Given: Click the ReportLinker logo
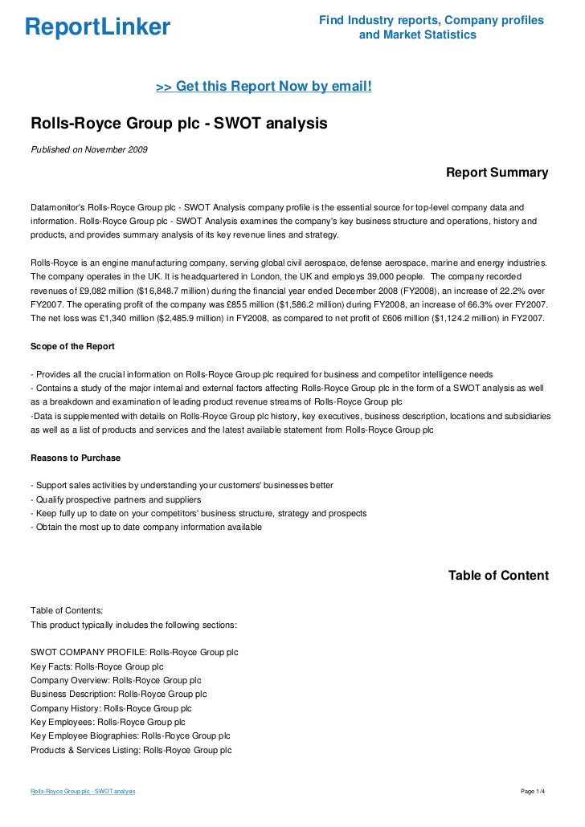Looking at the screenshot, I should (x=97, y=28).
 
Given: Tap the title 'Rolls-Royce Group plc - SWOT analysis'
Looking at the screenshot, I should (x=179, y=124).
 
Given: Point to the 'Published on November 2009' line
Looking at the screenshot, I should (x=88, y=149).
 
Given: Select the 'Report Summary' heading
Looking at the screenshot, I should (x=497, y=173).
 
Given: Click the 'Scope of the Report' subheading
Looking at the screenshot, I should (x=72, y=346).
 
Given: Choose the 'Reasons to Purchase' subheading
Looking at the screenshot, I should (x=75, y=458).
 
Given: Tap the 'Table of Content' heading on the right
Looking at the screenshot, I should (x=498, y=576).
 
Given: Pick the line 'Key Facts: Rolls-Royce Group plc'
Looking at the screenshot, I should (x=96, y=666).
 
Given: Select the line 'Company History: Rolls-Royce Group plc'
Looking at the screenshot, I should (x=111, y=708).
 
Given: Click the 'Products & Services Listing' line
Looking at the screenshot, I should (x=130, y=750).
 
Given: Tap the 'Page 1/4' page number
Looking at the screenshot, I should (x=534, y=792).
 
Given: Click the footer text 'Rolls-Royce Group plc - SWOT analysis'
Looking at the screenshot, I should (x=83, y=792).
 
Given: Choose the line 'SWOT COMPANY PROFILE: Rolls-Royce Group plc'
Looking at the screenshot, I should (x=133, y=652).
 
